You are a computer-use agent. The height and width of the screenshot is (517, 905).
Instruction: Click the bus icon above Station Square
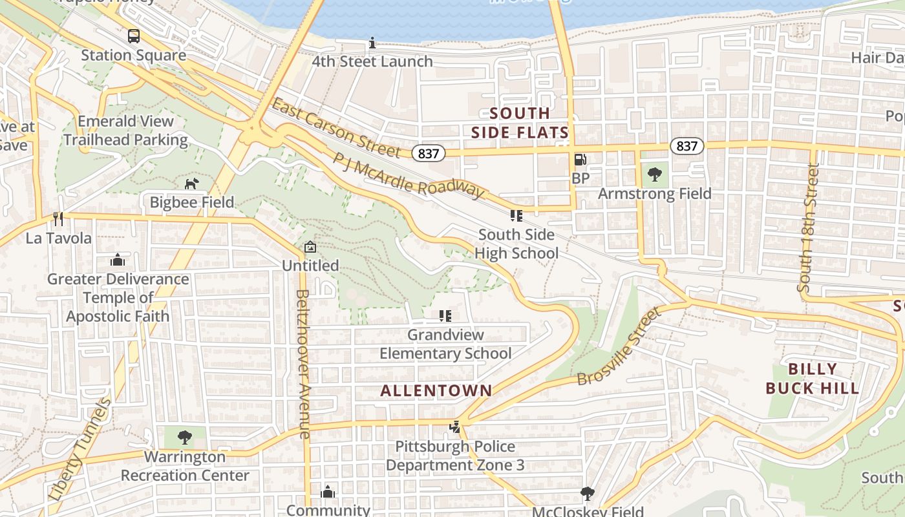tap(134, 36)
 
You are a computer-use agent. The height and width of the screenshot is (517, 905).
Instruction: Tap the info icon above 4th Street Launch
tap(372, 43)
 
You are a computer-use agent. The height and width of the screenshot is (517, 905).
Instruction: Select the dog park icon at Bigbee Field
tap(191, 184)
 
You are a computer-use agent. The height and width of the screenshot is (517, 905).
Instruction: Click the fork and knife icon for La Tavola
tap(58, 219)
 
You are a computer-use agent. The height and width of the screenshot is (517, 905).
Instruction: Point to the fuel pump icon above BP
tap(580, 159)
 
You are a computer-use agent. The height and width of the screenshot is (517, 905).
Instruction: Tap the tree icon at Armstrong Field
tap(654, 174)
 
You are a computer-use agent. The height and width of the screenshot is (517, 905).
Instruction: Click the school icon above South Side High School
tap(516, 215)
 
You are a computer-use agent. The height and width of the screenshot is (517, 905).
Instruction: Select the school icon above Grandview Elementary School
tap(445, 316)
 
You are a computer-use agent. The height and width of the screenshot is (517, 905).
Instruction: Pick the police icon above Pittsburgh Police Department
tap(455, 427)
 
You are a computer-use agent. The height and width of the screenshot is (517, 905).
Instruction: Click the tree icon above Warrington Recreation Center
tap(185, 438)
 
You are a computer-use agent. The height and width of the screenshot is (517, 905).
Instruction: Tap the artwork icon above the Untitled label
tap(310, 247)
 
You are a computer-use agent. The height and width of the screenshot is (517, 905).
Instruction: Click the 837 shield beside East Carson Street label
tap(428, 153)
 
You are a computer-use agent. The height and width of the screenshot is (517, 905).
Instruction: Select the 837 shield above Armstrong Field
tap(687, 146)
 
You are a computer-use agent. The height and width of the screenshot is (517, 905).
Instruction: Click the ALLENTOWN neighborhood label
tap(436, 390)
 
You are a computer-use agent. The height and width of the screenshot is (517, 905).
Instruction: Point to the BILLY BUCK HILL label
tap(813, 379)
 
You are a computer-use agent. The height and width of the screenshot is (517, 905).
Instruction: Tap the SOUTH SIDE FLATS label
tap(520, 123)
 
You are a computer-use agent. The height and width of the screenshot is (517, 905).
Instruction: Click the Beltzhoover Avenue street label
tap(303, 364)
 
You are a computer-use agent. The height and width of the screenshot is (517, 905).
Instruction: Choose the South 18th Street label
tap(808, 227)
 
